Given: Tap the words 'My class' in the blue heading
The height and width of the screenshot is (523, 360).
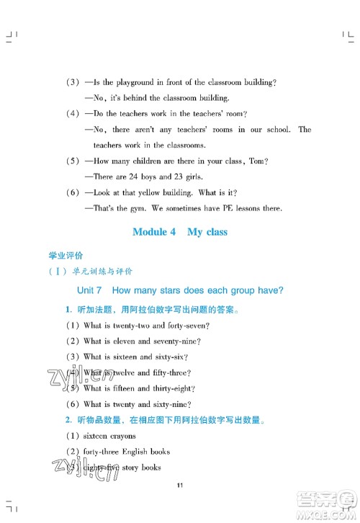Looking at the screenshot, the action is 207,232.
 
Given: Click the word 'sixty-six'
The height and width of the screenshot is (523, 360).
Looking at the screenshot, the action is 170,357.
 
